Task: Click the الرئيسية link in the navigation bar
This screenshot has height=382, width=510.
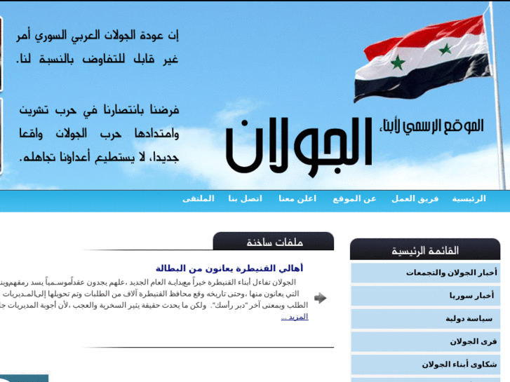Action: coord(469,199)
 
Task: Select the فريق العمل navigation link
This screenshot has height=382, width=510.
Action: coord(415,199)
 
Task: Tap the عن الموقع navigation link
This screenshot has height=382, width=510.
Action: coord(354,199)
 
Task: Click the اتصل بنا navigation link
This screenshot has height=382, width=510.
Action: coord(245,199)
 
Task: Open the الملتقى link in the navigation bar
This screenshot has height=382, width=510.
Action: coord(198,199)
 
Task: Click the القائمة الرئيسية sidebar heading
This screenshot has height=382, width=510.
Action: coord(425,250)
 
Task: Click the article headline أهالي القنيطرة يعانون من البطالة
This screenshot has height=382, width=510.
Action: coord(229,268)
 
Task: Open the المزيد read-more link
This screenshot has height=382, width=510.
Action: coord(295,317)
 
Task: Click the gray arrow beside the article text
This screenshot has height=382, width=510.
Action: coord(320,298)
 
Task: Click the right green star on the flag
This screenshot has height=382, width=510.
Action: coord(445,49)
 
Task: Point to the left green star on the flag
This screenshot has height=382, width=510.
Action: coord(398,63)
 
